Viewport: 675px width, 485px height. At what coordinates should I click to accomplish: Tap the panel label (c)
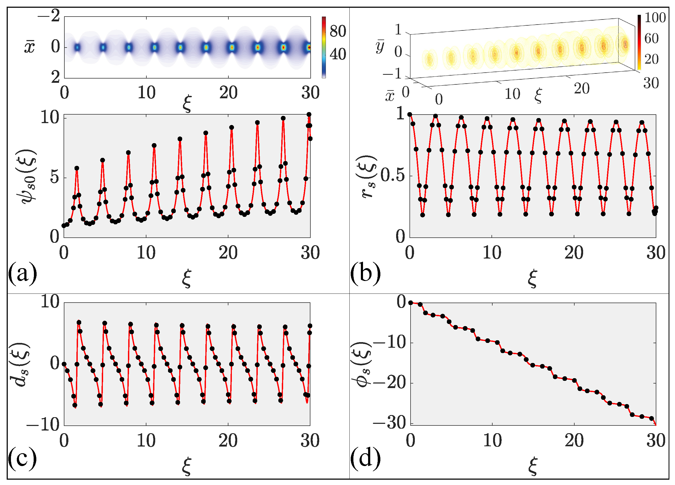(22, 459)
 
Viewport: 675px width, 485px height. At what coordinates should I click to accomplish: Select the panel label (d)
(365, 459)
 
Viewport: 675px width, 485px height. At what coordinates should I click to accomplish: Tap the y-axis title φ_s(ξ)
(364, 365)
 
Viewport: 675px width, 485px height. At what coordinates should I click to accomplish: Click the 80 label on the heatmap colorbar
(338, 31)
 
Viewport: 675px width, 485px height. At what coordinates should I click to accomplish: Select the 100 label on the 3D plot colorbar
(655, 18)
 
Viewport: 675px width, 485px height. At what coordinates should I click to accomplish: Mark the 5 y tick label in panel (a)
(55, 178)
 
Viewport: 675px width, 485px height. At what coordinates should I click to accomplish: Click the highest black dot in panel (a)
(309, 115)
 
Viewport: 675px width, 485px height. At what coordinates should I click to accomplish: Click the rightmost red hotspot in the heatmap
(309, 47)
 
